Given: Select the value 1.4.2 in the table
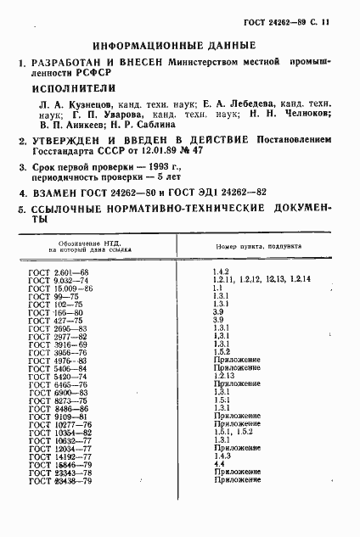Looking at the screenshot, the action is point(222,271).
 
